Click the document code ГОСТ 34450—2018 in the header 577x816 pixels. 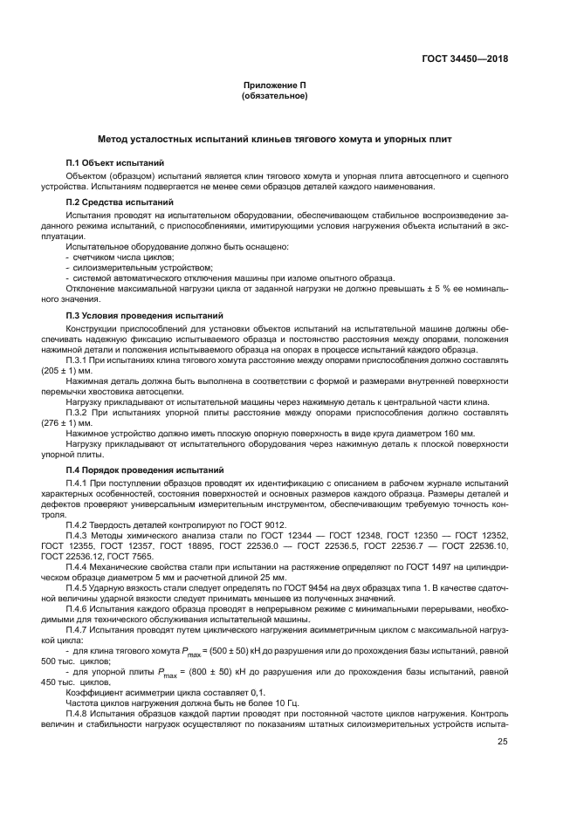tap(464, 59)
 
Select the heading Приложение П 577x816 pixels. tap(274, 86)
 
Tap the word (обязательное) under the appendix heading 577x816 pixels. tap(274, 96)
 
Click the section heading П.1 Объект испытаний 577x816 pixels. tap(116, 164)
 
